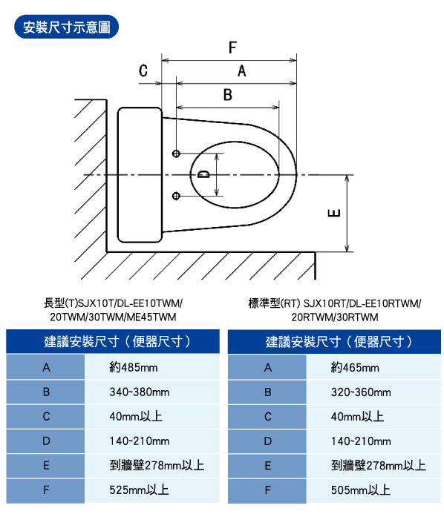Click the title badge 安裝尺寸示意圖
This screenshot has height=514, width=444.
click(66, 27)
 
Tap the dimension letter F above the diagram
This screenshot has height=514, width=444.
click(232, 47)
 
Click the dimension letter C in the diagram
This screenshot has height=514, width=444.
click(143, 70)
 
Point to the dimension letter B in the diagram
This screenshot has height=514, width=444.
click(228, 95)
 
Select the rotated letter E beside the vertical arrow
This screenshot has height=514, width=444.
click(334, 213)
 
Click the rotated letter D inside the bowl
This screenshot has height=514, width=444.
click(203, 174)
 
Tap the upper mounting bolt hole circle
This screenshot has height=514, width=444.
click(176, 154)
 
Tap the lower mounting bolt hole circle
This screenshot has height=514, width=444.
click(176, 196)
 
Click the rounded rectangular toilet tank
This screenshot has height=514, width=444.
click(140, 175)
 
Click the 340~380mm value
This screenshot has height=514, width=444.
click(140, 392)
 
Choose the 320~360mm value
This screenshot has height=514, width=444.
click(361, 392)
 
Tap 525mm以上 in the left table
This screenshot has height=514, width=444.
click(139, 490)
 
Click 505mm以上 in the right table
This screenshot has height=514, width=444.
click(361, 490)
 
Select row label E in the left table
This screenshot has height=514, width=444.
click(46, 466)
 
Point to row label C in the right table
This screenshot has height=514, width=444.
click(268, 417)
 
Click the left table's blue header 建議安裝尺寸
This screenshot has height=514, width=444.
click(113, 342)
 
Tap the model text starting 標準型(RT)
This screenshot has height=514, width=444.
click(335, 310)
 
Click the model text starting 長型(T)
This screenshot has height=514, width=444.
click(113, 310)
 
